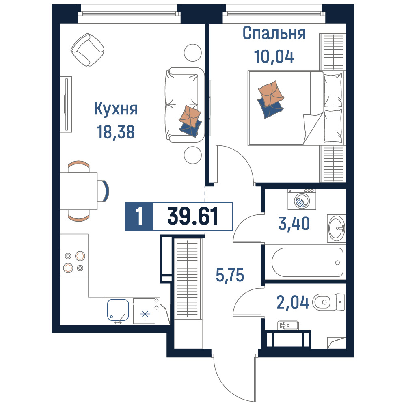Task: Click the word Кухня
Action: [x=116, y=109]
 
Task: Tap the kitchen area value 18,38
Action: [x=115, y=132]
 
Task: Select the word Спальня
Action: [x=274, y=33]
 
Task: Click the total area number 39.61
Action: [x=192, y=216]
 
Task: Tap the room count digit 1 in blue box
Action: [x=139, y=216]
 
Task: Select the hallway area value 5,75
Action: [x=230, y=275]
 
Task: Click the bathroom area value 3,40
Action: [x=294, y=224]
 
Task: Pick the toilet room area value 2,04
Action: [x=293, y=302]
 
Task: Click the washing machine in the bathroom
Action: [x=302, y=199]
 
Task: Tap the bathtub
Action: [x=307, y=262]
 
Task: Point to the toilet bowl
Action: [x=328, y=302]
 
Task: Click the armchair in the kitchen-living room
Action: [x=88, y=50]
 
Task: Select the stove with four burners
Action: [x=74, y=262]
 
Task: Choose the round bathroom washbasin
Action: [x=337, y=228]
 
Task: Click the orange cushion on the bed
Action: [x=271, y=93]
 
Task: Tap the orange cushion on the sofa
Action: [x=190, y=116]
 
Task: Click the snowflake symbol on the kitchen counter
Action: [x=145, y=314]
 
